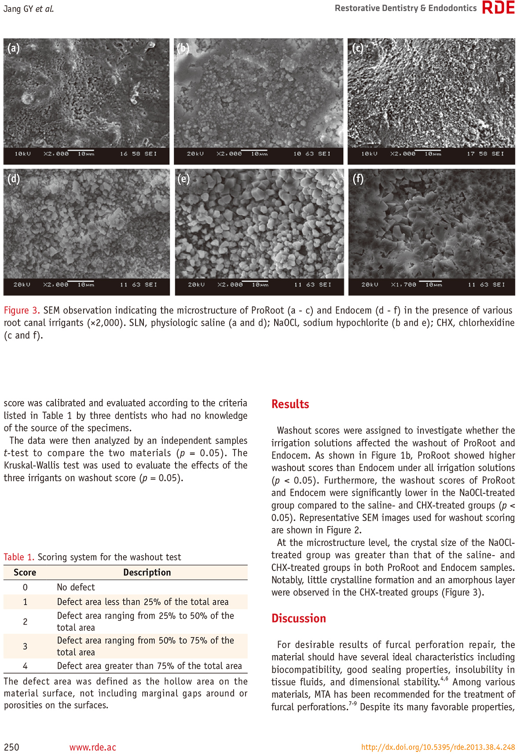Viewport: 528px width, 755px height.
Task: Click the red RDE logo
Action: (x=499, y=7)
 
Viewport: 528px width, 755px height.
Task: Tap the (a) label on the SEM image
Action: (x=14, y=48)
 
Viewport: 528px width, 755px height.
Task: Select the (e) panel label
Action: (x=183, y=179)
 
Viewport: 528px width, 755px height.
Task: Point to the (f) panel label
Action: (x=358, y=179)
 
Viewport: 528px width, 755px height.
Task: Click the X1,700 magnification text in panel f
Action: (x=403, y=285)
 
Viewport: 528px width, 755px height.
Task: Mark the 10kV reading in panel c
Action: (x=369, y=154)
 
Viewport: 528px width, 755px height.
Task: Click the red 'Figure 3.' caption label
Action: (x=22, y=310)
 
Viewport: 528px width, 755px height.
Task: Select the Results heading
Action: (x=290, y=404)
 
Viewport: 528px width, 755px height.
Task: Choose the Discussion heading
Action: (x=298, y=619)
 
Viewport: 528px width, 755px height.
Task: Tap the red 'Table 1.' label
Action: (x=19, y=557)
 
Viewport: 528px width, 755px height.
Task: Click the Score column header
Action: (x=25, y=572)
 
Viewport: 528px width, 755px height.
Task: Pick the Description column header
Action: (x=147, y=572)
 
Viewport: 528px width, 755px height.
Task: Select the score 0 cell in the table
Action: (x=25, y=587)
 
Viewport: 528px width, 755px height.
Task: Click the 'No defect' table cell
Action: (x=76, y=587)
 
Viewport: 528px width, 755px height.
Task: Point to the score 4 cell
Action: (x=25, y=666)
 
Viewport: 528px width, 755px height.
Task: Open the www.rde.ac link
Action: (x=93, y=747)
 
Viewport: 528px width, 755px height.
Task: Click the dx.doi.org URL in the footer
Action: (x=438, y=747)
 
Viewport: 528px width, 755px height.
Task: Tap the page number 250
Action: (x=11, y=747)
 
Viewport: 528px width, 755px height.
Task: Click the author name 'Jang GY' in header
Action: (x=18, y=8)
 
